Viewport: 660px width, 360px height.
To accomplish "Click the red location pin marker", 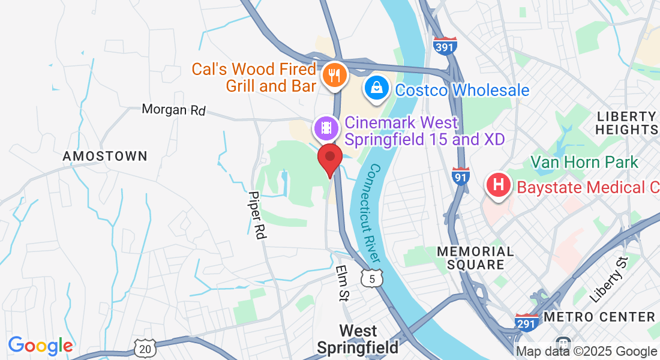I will pyautogui.click(x=329, y=158).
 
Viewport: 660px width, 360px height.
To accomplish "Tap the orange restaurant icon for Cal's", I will pyautogui.click(x=332, y=76).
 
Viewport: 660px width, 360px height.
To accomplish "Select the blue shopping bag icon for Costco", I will pyautogui.click(x=376, y=89).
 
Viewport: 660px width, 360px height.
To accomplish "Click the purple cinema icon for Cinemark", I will pyautogui.click(x=325, y=127).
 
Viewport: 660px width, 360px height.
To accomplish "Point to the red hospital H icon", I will pyautogui.click(x=497, y=187).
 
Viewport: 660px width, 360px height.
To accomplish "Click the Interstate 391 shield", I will pyautogui.click(x=445, y=46).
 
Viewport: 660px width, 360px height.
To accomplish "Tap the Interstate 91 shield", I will pyautogui.click(x=460, y=176).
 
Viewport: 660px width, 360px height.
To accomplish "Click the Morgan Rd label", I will pyautogui.click(x=173, y=110).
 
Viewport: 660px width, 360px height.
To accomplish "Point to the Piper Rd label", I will pyautogui.click(x=257, y=215).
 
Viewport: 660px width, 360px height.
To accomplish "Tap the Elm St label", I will pyautogui.click(x=343, y=283).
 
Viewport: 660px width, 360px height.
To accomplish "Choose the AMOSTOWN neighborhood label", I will pyautogui.click(x=105, y=156).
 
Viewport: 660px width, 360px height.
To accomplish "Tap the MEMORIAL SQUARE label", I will pyautogui.click(x=475, y=258).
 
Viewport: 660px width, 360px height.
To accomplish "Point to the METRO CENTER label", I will pyautogui.click(x=599, y=317).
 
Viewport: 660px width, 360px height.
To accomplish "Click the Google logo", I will pyautogui.click(x=40, y=346).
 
